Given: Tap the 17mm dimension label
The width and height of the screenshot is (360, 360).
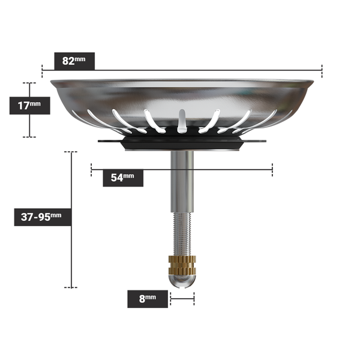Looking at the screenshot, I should click(x=29, y=106).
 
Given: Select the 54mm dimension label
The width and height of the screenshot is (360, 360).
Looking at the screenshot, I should click(x=122, y=178).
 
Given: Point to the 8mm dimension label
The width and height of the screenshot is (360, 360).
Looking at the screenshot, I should click(x=147, y=298).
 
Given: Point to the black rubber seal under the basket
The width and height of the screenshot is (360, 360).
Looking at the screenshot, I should click(x=182, y=144).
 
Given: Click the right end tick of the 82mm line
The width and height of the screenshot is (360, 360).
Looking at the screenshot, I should click(x=322, y=71).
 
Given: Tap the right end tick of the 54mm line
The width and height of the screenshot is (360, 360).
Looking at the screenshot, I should click(x=272, y=169).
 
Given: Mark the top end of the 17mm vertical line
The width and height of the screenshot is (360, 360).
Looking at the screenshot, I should click(x=29, y=83).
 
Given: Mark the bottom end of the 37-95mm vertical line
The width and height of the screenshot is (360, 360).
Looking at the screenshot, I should click(x=72, y=288).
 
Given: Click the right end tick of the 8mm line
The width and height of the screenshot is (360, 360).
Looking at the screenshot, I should click(x=194, y=298).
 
